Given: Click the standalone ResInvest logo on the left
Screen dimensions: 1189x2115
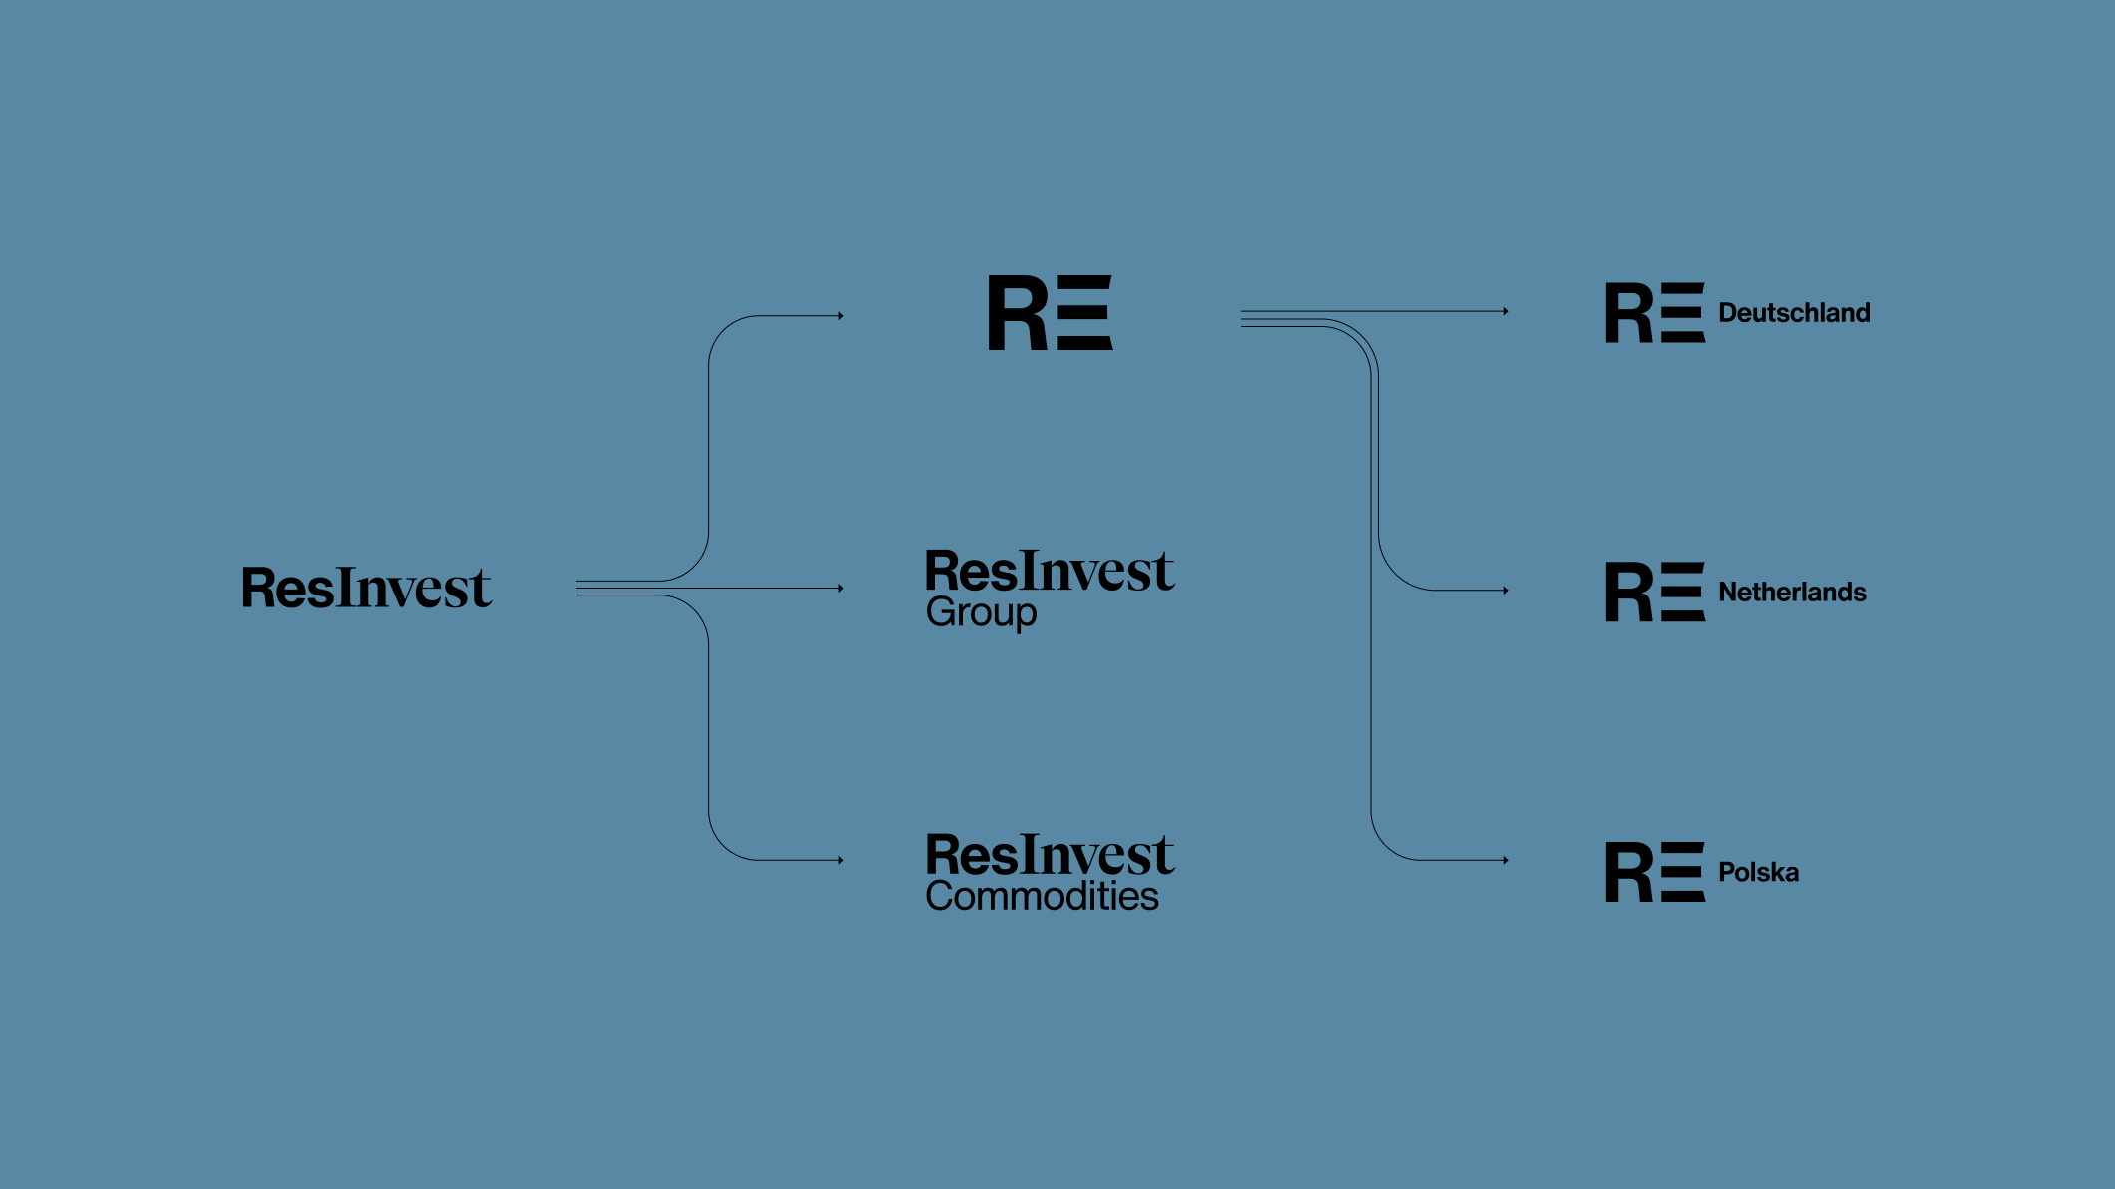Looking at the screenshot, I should (366, 588).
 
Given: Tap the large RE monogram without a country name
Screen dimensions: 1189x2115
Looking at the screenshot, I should (1050, 313).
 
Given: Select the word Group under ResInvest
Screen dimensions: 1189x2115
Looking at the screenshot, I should (981, 612).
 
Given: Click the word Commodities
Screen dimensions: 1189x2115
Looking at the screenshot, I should (1042, 896).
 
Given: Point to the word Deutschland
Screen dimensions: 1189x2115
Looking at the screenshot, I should (1793, 313).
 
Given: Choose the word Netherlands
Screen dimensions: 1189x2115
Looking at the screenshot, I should (1791, 593).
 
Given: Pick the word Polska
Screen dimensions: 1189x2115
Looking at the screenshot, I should (1758, 873).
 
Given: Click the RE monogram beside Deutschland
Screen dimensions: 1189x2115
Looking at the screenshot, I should (1654, 313).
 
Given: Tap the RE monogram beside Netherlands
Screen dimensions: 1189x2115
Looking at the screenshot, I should (1654, 593).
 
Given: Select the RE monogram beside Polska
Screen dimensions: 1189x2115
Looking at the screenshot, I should (1654, 873).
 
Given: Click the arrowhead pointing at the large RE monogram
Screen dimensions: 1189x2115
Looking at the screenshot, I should (841, 316).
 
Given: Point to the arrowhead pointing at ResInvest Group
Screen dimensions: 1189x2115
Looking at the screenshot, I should (841, 589).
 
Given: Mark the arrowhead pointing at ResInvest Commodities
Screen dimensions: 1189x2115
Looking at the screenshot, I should (841, 860).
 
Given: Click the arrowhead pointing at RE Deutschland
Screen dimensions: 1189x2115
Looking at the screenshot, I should (1505, 311).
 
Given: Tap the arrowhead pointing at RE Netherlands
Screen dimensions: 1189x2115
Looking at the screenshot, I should (1505, 591).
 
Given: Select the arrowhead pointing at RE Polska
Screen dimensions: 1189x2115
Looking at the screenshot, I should (1505, 860).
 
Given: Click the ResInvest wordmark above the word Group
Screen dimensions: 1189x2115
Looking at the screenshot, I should (1050, 572).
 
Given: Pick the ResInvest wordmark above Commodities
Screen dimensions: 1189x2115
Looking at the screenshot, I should (1050, 855).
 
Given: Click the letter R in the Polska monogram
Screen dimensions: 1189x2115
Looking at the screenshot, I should (1628, 873).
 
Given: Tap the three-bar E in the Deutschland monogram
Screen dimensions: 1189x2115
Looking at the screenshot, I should (1683, 313).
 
